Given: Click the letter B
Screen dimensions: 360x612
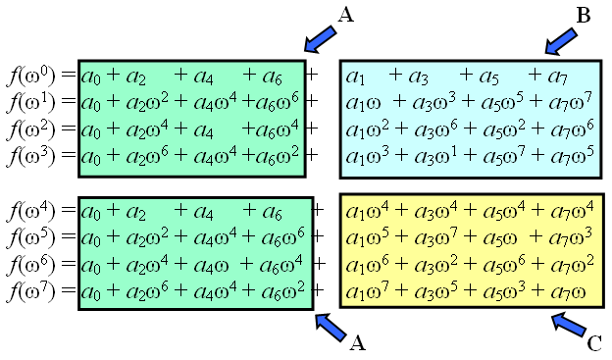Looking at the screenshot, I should (x=584, y=16).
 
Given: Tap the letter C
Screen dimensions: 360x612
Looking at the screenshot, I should (x=594, y=342).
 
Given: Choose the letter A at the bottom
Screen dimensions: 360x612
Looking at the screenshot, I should (x=358, y=342).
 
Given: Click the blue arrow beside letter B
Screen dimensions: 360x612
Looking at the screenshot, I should (x=560, y=40).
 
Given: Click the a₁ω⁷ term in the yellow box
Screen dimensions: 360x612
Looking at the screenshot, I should (x=368, y=290).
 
